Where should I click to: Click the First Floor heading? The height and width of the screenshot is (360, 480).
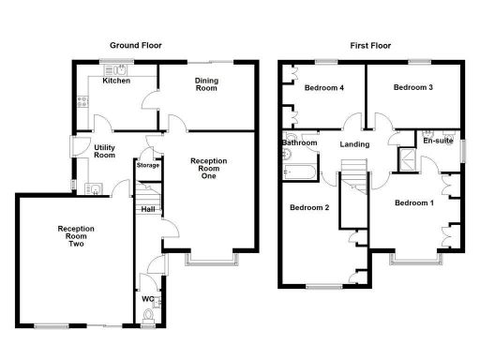[371, 45]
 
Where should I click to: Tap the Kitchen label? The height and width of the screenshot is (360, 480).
[116, 82]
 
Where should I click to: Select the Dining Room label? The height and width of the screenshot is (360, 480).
[206, 85]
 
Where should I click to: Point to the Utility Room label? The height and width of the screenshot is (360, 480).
[104, 151]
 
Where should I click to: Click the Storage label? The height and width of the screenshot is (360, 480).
[148, 166]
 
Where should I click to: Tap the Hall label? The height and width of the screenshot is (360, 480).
[148, 209]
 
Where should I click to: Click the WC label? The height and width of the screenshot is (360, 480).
[147, 300]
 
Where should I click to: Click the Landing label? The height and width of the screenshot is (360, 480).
[354, 144]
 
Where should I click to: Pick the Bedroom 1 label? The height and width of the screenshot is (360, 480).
[413, 203]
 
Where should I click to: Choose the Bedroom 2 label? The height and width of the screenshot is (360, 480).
[308, 208]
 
